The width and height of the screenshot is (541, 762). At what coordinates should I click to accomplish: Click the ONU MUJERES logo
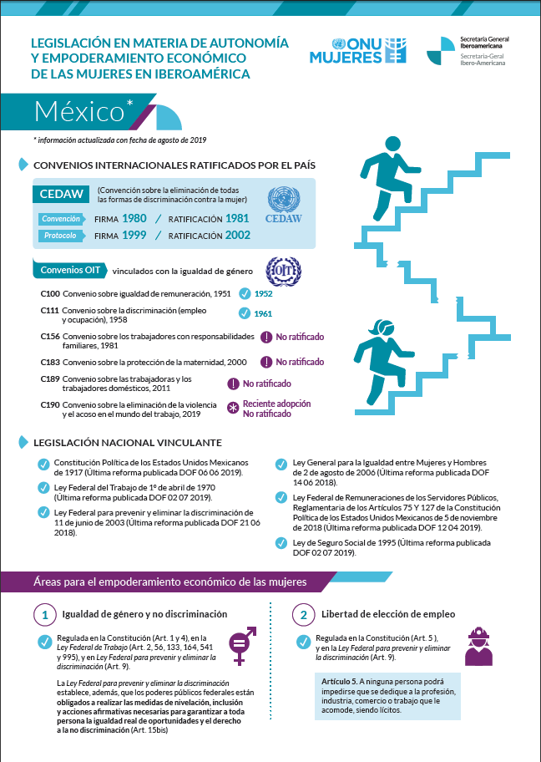[x=357, y=52]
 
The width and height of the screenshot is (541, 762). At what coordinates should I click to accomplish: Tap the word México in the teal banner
[x=79, y=111]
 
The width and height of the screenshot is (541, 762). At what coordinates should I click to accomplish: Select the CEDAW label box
[x=62, y=194]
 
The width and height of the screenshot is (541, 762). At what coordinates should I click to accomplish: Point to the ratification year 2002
[x=237, y=236]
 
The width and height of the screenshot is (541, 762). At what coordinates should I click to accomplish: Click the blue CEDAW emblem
[x=283, y=206]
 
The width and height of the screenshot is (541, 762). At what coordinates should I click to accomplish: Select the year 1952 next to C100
[x=264, y=294]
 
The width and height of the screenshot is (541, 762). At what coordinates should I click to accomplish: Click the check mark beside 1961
[x=245, y=313]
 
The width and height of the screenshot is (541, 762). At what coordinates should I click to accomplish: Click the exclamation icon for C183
[x=265, y=362]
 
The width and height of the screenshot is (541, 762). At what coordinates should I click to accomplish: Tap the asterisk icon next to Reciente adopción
[x=232, y=409]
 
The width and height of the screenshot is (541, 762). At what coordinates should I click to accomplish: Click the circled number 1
[x=44, y=614]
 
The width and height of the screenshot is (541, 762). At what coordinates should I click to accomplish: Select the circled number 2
[x=303, y=614]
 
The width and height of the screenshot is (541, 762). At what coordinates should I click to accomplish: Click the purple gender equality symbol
[x=239, y=644]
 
